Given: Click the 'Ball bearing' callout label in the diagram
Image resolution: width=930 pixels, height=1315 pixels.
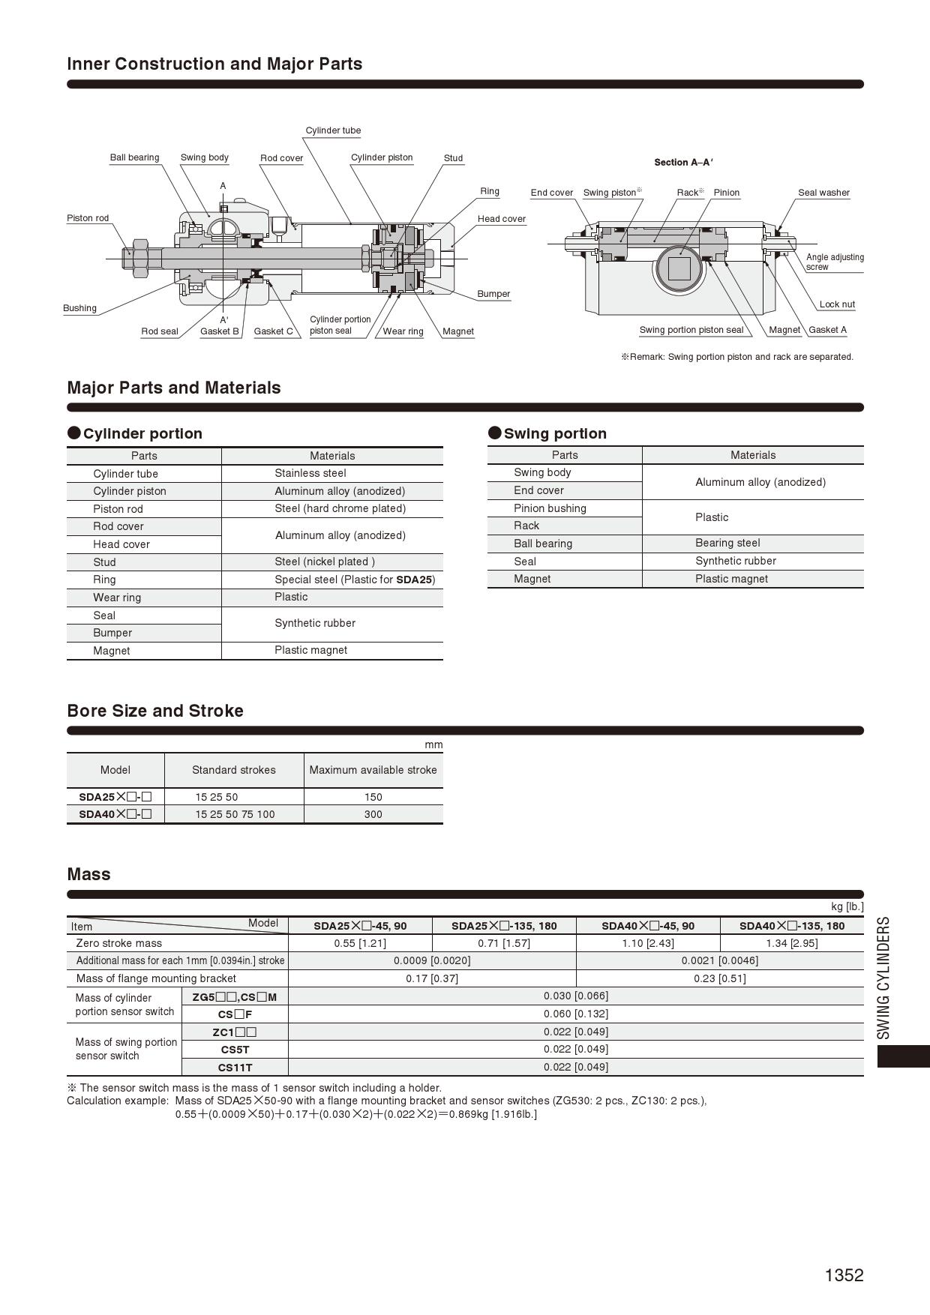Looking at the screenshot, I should pyautogui.click(x=134, y=157).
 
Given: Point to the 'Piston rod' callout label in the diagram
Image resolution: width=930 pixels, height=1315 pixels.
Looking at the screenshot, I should pyautogui.click(x=88, y=218).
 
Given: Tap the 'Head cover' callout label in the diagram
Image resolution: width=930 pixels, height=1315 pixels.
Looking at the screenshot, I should pyautogui.click(x=501, y=219).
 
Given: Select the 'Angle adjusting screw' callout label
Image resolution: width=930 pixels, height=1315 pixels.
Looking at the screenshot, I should pyautogui.click(x=834, y=262).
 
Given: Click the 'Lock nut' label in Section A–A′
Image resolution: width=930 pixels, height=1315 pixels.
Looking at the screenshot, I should pyautogui.click(x=836, y=304).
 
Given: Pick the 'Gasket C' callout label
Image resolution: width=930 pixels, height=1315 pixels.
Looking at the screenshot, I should pyautogui.click(x=273, y=331).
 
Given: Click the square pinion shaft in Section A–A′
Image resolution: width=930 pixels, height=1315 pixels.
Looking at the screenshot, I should pyautogui.click(x=679, y=268).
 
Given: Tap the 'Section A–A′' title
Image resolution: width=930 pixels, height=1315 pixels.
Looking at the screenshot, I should pyautogui.click(x=683, y=162).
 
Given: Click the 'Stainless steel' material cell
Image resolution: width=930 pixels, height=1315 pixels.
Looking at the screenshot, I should pyautogui.click(x=310, y=473).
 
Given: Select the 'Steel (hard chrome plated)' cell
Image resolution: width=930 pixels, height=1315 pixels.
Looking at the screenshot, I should pyautogui.click(x=340, y=508).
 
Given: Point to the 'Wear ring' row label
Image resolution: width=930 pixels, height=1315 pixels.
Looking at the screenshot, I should pyautogui.click(x=117, y=598).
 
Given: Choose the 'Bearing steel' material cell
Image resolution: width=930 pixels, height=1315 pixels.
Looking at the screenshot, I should pyautogui.click(x=727, y=543).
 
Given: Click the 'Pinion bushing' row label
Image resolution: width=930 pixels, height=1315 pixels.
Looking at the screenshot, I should pyautogui.click(x=550, y=508).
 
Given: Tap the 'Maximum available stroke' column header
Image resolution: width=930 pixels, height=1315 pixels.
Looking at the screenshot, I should pyautogui.click(x=373, y=770).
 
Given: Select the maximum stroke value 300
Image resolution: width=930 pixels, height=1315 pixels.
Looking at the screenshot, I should pyautogui.click(x=373, y=814).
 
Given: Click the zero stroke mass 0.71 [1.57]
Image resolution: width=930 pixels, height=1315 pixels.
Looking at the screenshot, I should pyautogui.click(x=504, y=943).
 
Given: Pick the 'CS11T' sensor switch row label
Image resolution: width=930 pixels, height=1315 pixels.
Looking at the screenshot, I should pyautogui.click(x=235, y=1068).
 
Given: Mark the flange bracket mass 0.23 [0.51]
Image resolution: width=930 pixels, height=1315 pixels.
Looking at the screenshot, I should pyautogui.click(x=719, y=978).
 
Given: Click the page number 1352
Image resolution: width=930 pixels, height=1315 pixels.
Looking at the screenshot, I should pyautogui.click(x=844, y=1275).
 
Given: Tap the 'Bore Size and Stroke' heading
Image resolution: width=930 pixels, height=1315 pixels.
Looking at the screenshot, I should pyautogui.click(x=155, y=711).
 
